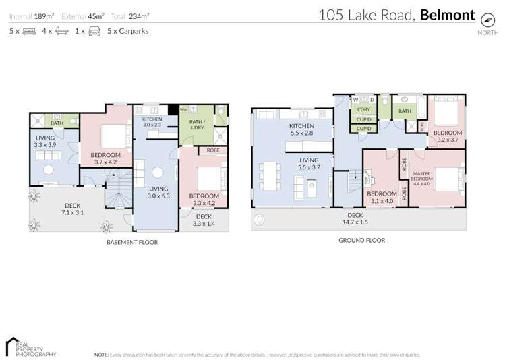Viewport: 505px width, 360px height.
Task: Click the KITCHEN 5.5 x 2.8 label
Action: click(302, 130)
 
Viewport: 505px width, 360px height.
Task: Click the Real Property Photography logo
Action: click(30, 346)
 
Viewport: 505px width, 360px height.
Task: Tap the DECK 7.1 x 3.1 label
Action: click(73, 210)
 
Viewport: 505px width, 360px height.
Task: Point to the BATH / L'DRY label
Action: click(195, 123)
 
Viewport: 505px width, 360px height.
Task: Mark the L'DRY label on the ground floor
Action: click(364, 109)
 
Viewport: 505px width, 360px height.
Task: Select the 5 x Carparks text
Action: click(127, 31)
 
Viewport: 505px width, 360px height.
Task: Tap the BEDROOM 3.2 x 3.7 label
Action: click(446, 137)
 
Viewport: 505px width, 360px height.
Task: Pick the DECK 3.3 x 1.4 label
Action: click(202, 220)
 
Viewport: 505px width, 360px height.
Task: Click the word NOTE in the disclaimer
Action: click(101, 354)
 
